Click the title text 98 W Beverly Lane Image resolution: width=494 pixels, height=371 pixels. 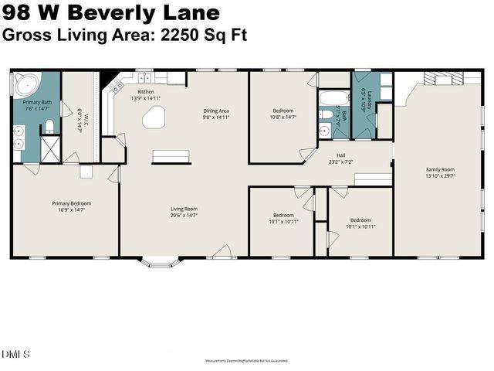click(x=111, y=13)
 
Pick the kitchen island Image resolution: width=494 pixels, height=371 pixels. click(x=154, y=117)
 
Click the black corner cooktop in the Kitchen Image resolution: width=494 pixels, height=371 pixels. click(x=114, y=80)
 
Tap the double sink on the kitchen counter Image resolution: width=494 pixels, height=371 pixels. click(x=144, y=78)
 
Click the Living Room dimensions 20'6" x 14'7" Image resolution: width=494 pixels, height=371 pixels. click(x=184, y=215)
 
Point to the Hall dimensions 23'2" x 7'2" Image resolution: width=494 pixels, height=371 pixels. click(x=340, y=162)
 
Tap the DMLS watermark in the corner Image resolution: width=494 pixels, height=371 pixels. click(x=15, y=355)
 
